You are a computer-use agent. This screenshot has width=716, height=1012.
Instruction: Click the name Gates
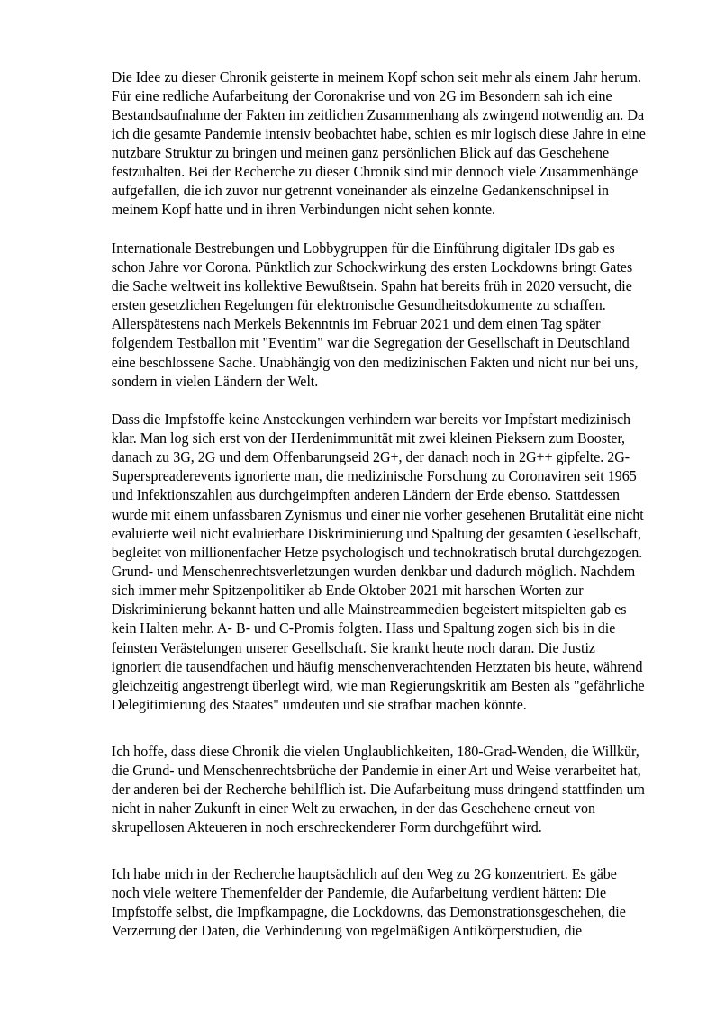click(613, 267)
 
